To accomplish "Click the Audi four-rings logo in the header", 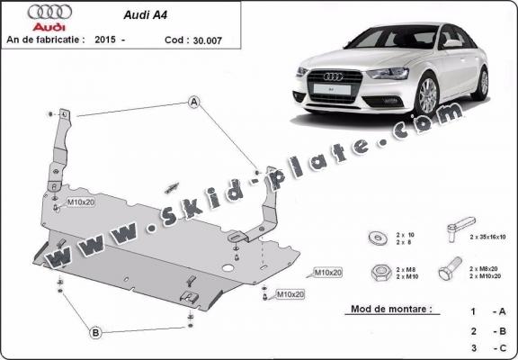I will [45, 13].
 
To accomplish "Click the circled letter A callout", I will [193, 103].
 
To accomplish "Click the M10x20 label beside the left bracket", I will [80, 202].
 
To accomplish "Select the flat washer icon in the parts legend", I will [375, 238].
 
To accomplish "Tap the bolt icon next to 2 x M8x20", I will [450, 270].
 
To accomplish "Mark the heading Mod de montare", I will [387, 309].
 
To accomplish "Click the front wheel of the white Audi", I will [427, 95].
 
